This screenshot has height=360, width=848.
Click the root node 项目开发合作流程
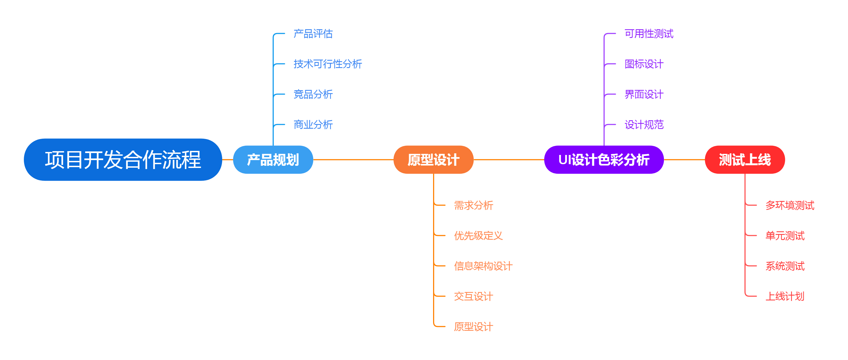coord(123,160)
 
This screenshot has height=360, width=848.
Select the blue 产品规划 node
coord(273,160)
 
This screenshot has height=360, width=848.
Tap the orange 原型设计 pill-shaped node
coord(433,160)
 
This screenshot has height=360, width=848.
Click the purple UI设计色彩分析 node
coord(604,160)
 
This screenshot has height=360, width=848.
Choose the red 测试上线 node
coord(745,160)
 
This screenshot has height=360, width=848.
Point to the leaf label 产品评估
coord(313,34)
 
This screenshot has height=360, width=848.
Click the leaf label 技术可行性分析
coord(328,64)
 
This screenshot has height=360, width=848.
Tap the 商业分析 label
coord(313,125)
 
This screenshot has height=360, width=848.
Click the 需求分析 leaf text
coord(473,205)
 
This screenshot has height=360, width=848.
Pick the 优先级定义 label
coord(478,236)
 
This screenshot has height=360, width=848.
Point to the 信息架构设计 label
coord(483,266)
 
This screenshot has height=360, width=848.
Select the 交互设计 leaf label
coord(473,296)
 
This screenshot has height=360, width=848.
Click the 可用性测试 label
coord(649,34)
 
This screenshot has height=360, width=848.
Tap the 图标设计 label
coord(644,64)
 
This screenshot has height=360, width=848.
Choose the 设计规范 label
coord(644,125)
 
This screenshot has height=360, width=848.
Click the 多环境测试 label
coord(790,205)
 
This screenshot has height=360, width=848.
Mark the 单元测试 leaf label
coord(785,236)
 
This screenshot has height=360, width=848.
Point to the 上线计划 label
coord(785,296)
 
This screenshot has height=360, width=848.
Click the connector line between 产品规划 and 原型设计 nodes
coord(353,160)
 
